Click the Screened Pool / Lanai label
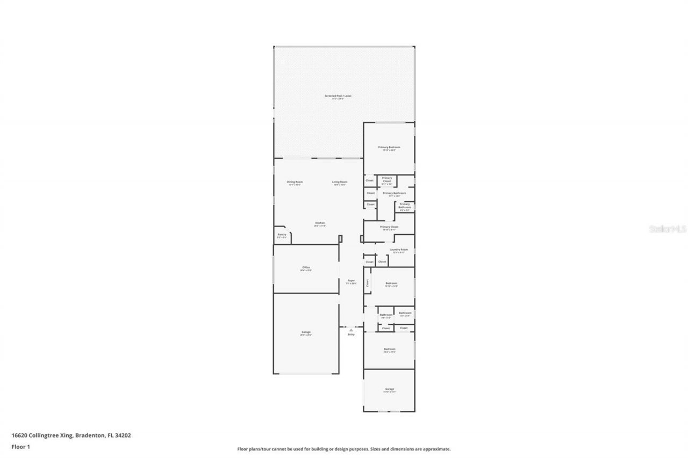338,96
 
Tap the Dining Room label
295,182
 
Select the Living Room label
339,182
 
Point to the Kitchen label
320,223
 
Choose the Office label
306,267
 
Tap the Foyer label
351,280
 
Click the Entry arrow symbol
351,330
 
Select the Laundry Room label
399,250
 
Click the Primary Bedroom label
389,147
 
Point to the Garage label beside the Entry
306,332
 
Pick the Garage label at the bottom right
389,389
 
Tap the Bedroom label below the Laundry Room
391,283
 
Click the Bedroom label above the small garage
389,349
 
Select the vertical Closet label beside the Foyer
368,283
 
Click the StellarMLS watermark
668,229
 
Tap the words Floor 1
20,446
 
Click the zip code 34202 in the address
123,435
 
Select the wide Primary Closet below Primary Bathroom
389,227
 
